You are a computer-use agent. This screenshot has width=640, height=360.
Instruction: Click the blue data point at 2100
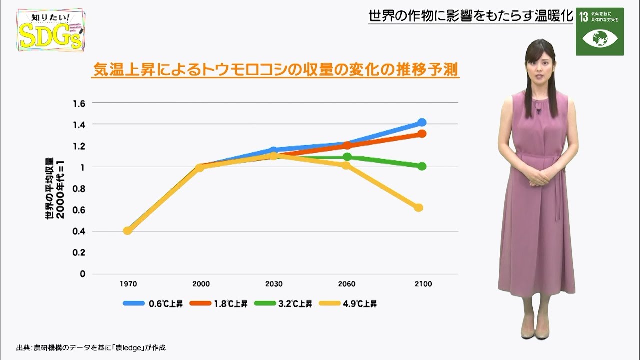(x=422, y=122)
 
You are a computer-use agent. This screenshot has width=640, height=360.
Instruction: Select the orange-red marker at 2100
(x=422, y=134)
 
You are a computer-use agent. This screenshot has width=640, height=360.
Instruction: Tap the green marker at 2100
(x=422, y=166)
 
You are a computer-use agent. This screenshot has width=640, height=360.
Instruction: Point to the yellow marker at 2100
(x=419, y=208)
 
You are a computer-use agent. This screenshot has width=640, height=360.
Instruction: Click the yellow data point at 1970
(x=127, y=231)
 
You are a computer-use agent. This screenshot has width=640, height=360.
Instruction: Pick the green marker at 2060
(x=347, y=157)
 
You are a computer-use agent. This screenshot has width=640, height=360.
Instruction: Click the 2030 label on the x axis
(x=274, y=284)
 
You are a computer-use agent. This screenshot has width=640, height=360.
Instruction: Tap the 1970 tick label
(x=128, y=284)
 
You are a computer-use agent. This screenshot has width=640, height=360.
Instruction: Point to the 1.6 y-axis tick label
(x=79, y=103)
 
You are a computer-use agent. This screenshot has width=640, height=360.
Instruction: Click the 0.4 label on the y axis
(x=79, y=231)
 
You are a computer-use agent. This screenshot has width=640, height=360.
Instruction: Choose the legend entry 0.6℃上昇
(x=153, y=303)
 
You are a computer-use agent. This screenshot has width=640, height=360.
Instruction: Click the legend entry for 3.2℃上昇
(x=283, y=303)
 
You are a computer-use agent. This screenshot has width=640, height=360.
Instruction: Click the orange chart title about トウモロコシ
(x=275, y=70)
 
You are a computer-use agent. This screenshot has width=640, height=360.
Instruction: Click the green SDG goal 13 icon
(x=599, y=31)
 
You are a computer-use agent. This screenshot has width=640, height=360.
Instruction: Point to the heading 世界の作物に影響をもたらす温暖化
(x=470, y=16)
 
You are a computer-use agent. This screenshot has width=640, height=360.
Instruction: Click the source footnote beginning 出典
(x=90, y=347)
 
